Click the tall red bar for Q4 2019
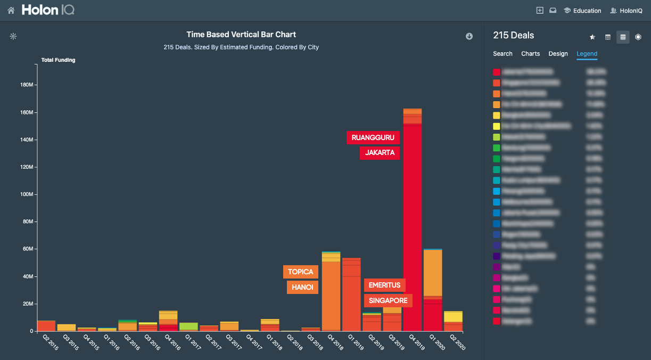tap(412, 224)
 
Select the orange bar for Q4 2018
tap(331, 298)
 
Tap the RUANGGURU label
tap(373, 137)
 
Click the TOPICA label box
tap(300, 272)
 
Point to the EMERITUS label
tap(384, 285)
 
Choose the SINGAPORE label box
tap(388, 300)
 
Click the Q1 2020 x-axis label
tap(437, 343)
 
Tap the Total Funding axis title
tap(58, 60)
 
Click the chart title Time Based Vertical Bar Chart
tap(241, 35)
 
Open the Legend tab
tap(587, 54)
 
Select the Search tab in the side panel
tap(502, 54)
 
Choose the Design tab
tap(558, 54)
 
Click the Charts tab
tap(530, 54)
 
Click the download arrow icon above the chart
tap(469, 36)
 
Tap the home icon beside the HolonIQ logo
tap(11, 10)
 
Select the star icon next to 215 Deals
tap(592, 37)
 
